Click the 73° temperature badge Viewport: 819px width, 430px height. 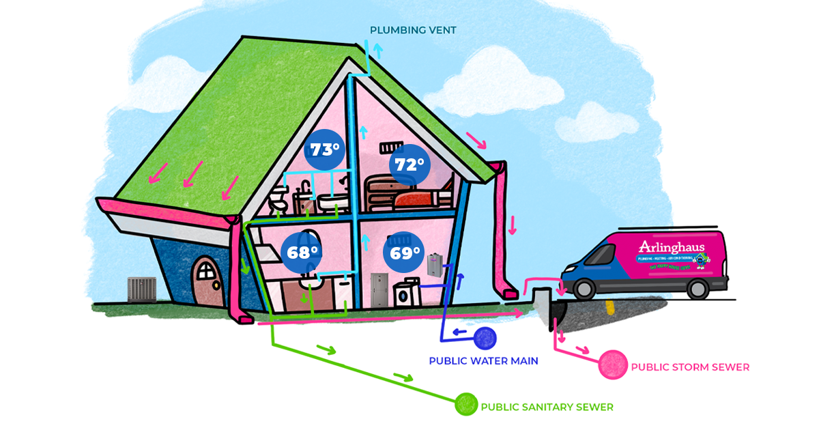click(325, 150)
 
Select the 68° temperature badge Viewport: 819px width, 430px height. click(302, 252)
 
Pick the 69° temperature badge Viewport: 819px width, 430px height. click(405, 253)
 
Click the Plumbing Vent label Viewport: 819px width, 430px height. click(413, 30)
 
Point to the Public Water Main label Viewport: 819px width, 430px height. click(483, 361)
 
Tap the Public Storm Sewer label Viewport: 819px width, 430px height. click(690, 367)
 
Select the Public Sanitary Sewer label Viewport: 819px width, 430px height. click(547, 407)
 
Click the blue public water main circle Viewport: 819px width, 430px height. click(485, 338)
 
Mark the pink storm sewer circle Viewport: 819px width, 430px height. click(612, 364)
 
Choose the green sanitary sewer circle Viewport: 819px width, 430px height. click(466, 404)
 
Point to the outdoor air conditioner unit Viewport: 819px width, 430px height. click(141, 289)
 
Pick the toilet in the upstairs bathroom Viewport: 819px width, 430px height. click(276, 200)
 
